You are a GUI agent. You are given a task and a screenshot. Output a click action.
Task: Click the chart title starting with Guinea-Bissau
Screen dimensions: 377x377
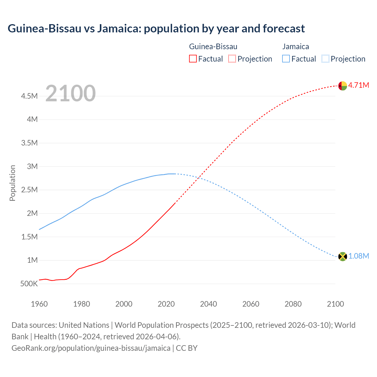tap(156, 29)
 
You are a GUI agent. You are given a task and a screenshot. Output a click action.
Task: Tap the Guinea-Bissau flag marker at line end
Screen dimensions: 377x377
tap(343, 86)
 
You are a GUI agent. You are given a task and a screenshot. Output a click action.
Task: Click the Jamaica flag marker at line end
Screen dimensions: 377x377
tap(343, 257)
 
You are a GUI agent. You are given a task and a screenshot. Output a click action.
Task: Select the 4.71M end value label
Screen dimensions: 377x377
tap(358, 85)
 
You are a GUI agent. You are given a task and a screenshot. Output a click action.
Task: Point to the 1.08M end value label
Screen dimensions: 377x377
tap(358, 256)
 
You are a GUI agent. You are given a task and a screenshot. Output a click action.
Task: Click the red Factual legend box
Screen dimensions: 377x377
tap(193, 59)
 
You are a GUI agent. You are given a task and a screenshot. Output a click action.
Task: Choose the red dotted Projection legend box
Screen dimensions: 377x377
tap(232, 59)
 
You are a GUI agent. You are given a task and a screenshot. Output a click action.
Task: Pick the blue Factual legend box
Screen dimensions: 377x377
tap(286, 59)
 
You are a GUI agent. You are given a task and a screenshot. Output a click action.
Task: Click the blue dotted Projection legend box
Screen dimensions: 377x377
tap(325, 59)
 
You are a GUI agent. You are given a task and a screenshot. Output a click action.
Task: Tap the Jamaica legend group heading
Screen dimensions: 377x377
tap(295, 47)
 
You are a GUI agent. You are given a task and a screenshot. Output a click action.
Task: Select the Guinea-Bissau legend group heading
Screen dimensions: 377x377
tap(213, 47)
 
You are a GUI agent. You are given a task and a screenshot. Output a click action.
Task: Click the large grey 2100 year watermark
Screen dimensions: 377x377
tap(70, 93)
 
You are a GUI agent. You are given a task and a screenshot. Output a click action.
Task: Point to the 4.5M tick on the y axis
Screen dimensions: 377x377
tap(29, 96)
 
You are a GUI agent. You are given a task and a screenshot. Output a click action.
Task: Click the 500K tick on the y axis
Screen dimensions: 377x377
tap(29, 284)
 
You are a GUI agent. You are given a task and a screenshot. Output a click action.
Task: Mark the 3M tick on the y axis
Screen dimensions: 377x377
tap(32, 166)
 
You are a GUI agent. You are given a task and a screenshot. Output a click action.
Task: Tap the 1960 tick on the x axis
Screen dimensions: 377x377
tap(39, 304)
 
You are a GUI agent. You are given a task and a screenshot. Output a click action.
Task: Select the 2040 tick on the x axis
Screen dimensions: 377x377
tap(208, 304)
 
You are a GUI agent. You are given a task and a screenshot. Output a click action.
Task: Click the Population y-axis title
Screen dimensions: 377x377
tap(12, 183)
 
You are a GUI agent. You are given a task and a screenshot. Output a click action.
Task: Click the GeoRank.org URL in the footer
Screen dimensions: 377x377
tap(91, 348)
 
